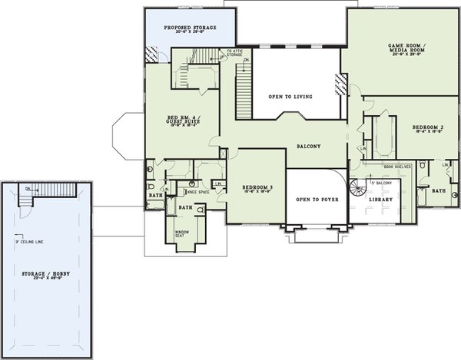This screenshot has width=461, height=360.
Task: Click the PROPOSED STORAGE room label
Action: coord(190,28)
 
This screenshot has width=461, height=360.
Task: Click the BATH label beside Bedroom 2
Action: coord(439,190)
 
